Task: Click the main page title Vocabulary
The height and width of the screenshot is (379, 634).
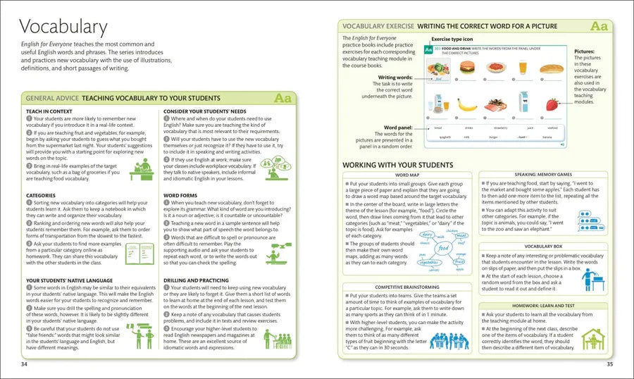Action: (x=63, y=28)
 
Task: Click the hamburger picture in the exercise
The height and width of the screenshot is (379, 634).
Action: (x=466, y=68)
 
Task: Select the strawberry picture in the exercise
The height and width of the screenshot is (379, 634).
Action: (x=552, y=104)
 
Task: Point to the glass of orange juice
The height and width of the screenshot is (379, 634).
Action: (x=523, y=68)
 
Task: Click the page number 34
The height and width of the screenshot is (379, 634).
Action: (x=24, y=364)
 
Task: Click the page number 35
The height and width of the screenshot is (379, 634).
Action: (x=609, y=364)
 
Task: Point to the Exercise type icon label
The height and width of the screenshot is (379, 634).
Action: (x=452, y=39)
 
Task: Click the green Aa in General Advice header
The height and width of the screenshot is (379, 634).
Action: (x=282, y=99)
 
